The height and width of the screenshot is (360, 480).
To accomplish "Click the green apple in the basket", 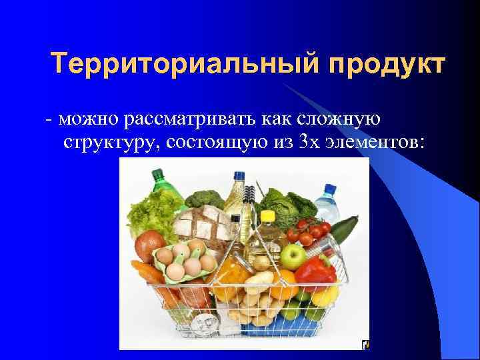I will coord(293,255).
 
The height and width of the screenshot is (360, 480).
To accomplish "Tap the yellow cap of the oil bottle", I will coord(267,215).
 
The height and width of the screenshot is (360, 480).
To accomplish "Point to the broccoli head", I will coord(204,198).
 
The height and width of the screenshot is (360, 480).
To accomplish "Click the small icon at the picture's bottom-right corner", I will coord(365,345).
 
